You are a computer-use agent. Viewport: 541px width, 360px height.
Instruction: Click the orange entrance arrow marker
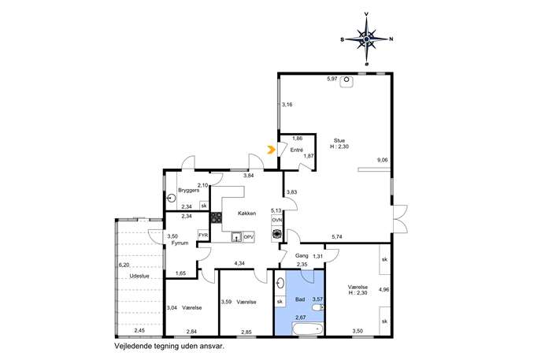[x=271, y=150]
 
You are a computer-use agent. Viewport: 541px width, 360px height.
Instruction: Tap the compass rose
[x=366, y=39]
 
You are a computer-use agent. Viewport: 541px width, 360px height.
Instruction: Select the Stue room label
[x=339, y=140]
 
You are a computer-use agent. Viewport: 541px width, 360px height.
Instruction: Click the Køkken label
[x=247, y=213]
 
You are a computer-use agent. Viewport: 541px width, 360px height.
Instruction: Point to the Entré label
[x=296, y=150]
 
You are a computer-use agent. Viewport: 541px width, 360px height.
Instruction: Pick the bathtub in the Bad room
[x=307, y=329]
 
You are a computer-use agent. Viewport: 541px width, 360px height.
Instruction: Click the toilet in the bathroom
[x=318, y=307]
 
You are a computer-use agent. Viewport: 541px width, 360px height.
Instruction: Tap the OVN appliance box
[x=276, y=220]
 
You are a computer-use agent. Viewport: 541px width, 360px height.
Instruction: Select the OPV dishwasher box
[x=248, y=237]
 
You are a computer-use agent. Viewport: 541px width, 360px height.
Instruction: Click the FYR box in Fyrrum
[x=203, y=236]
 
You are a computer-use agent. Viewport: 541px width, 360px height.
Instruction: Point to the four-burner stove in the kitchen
[x=217, y=217]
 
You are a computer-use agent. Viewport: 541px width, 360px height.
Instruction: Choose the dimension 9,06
[x=382, y=160]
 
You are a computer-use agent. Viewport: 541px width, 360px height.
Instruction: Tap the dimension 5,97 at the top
[x=332, y=79]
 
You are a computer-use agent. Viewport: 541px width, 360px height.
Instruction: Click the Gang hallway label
[x=302, y=256]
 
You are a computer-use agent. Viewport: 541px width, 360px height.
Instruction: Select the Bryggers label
[x=189, y=190]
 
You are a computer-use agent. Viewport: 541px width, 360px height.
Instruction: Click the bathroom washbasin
[x=280, y=284]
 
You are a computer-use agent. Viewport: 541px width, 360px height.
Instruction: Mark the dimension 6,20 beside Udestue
[x=124, y=265]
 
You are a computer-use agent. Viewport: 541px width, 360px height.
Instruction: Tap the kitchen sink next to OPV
[x=236, y=237]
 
